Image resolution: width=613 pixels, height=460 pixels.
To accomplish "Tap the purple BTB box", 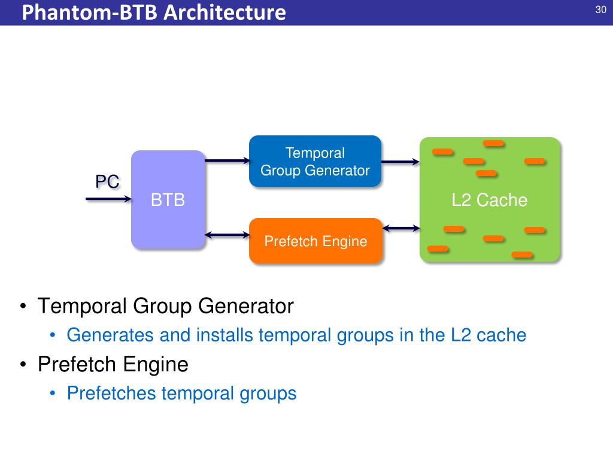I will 168,199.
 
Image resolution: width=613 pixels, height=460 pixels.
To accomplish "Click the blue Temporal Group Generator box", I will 315,161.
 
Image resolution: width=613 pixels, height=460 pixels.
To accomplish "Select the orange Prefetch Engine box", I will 315,241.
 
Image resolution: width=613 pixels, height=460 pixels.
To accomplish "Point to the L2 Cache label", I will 489,199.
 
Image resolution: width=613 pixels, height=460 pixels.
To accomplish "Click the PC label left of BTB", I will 107,181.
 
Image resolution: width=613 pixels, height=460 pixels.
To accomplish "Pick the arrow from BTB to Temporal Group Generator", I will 227,160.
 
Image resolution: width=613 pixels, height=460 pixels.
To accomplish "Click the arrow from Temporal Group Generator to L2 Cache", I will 400,161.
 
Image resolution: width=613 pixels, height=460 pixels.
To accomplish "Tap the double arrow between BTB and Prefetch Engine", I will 227,234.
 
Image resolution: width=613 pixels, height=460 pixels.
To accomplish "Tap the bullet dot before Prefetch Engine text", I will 23,364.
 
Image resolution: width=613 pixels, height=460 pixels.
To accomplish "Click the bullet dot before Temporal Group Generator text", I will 23,307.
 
